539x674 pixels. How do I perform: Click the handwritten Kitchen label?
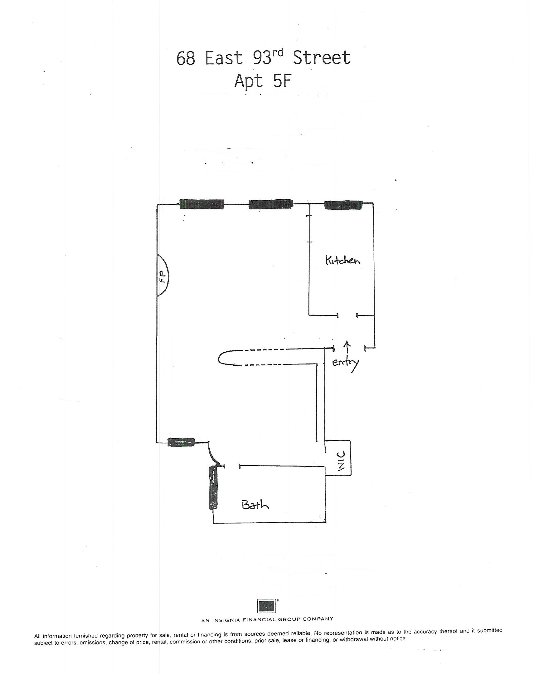pos(342,261)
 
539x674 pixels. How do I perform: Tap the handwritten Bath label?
pos(255,505)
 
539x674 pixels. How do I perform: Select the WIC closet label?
pos(341,461)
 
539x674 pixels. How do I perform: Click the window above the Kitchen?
pos(343,205)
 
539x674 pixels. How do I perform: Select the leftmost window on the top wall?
pos(202,204)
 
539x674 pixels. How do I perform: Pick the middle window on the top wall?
pos(271,204)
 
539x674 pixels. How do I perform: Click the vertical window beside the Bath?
pos(213,488)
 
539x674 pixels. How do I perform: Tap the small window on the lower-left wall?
pos(181,442)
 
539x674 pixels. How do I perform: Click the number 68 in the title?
pos(186,58)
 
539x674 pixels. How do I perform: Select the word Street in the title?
pos(322,58)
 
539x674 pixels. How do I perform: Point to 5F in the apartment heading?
pos(282,81)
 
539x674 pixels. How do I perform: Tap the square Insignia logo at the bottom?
pos(266,606)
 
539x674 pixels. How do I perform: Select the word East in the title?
pos(224,58)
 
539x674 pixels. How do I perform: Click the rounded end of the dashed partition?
pos(222,358)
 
